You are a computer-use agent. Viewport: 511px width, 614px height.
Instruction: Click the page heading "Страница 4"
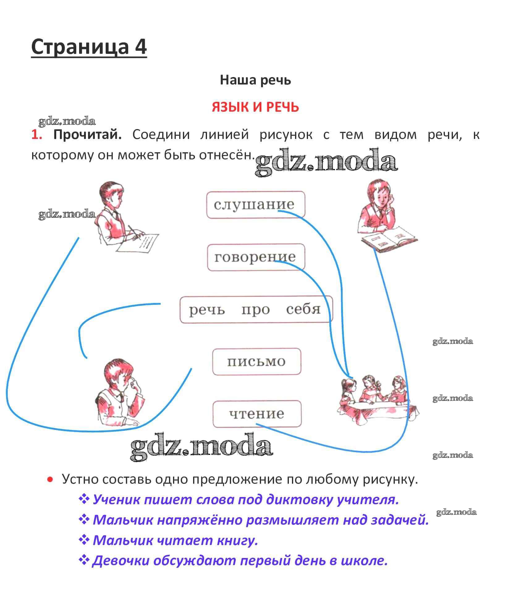pos(89,47)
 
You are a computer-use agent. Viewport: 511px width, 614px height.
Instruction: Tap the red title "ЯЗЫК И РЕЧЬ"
pos(255,107)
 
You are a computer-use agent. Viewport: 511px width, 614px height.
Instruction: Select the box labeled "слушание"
pos(255,205)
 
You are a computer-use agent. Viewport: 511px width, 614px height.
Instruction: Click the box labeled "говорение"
pos(256,257)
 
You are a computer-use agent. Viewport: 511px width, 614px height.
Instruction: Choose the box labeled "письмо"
pos(256,361)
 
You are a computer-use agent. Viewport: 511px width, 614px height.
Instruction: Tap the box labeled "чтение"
pos(257,414)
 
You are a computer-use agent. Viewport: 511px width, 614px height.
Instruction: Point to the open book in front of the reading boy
pos(389,237)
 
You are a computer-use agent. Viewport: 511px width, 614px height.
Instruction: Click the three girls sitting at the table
pos(378,400)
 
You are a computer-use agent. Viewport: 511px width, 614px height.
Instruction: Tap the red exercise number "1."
pos(37,135)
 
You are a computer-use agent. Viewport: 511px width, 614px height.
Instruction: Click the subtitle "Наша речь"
pos(255,80)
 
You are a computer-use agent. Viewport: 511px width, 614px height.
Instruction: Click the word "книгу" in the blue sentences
pos(237,540)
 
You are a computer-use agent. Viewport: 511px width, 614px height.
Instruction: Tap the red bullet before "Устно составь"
pos(50,480)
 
